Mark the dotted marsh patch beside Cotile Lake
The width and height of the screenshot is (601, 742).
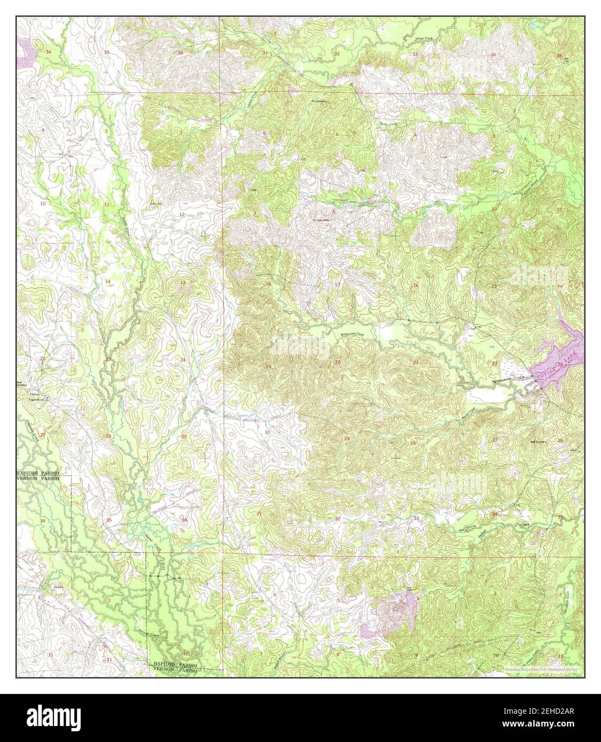tap(514, 369)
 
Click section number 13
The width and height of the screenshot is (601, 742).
tap(183, 282)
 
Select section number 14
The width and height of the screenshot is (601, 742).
tap(107, 281)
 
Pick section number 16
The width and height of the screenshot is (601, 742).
tap(416, 286)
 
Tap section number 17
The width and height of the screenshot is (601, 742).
tap(337, 285)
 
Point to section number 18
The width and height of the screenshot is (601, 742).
tap(268, 283)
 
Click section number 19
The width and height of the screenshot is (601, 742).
tap(268, 366)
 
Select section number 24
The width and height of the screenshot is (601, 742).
tap(183, 360)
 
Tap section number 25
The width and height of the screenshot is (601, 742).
tap(184, 437)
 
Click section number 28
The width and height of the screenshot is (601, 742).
tap(412, 443)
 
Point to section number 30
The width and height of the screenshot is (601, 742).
tap(267, 432)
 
